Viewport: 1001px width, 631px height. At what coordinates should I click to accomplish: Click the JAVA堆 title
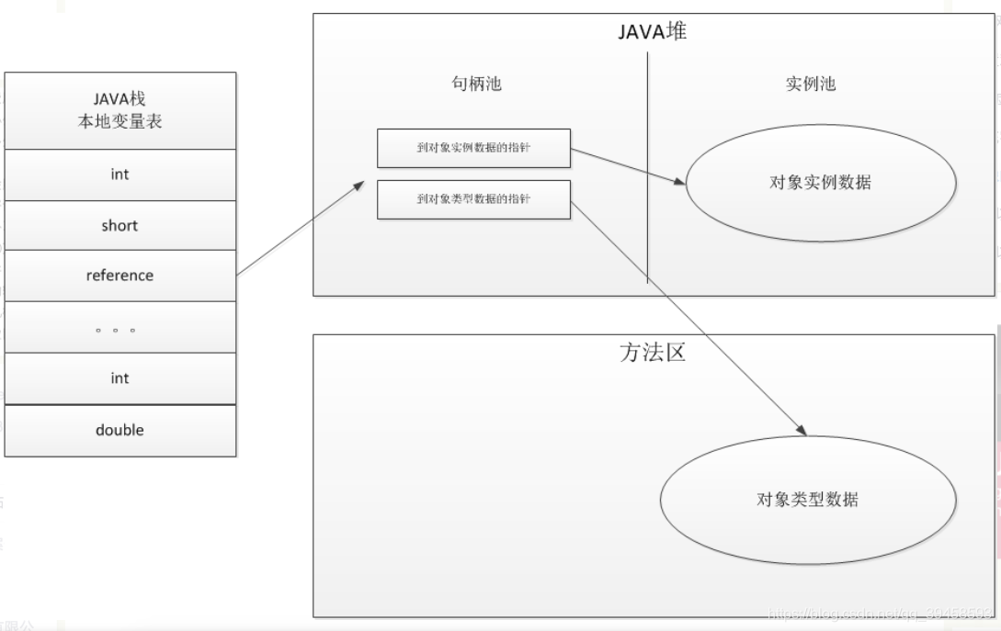pos(652,32)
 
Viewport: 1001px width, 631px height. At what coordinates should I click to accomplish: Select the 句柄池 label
pos(476,84)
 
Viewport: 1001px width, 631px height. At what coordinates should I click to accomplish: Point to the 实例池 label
pos(810,84)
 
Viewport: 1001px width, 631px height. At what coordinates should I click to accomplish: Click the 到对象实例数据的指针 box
pos(473,148)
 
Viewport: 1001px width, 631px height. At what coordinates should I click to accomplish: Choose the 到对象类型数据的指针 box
pos(473,199)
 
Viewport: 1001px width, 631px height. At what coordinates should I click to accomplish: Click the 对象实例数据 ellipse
pos(820,182)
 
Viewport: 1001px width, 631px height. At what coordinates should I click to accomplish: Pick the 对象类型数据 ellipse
pos(808,500)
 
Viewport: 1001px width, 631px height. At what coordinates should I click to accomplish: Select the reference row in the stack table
pos(119,276)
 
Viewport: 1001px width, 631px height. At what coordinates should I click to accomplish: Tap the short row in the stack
pos(119,226)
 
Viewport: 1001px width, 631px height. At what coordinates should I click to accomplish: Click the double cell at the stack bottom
pos(119,430)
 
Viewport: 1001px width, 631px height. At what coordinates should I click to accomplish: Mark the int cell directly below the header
pos(119,175)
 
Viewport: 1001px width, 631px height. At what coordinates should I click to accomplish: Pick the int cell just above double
pos(119,378)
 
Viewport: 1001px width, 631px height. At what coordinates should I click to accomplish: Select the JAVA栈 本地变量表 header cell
pos(119,110)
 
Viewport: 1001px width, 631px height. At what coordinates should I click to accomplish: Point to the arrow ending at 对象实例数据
pos(628,166)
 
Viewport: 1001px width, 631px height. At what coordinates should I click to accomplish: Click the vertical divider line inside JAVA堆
pos(648,165)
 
